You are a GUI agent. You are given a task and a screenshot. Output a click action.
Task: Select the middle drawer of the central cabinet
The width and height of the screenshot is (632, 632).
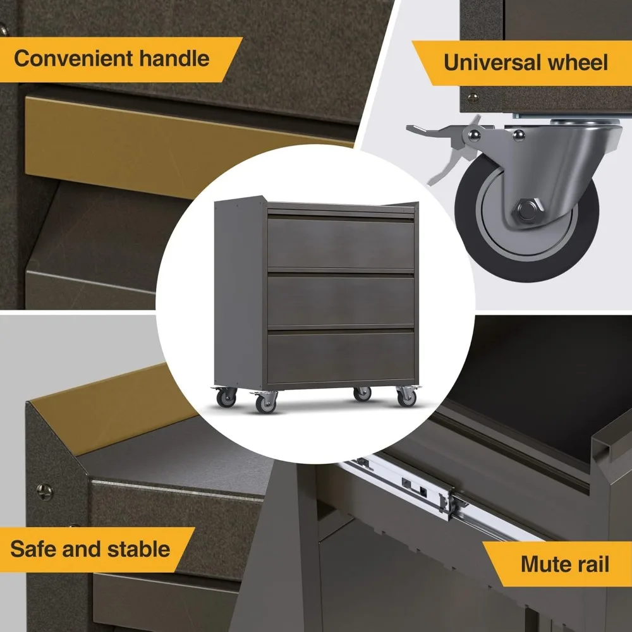[341, 300]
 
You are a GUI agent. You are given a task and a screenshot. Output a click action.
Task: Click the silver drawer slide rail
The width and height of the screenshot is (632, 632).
[404, 487]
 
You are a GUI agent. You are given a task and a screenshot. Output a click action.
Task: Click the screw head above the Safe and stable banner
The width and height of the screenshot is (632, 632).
[42, 489]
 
